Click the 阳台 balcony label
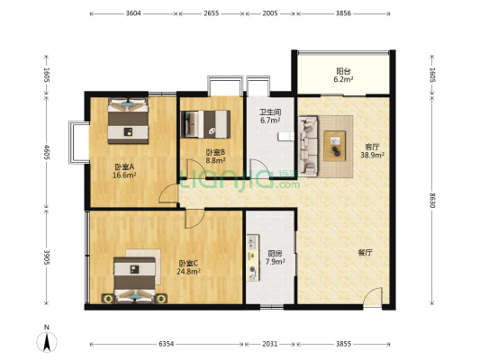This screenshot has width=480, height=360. pos(343,71)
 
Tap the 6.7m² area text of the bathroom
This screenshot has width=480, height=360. pos(270,121)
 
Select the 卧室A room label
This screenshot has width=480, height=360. pos(124,167)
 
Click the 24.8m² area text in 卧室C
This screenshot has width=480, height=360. pos(188,271)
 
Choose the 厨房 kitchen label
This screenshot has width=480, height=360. pos(275,254)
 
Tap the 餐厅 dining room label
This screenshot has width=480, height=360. pos(366,253)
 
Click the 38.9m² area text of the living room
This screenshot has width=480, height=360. pos(372,155)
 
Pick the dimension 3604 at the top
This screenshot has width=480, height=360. pos(133,13)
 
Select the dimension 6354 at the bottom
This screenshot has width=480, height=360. pos(167,344)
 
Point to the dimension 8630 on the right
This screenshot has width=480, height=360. pos(432,201)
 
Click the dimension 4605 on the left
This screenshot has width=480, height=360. pos(46,152)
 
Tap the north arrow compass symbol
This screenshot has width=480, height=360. pos(47,342)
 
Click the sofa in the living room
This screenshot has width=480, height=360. pos(308,146)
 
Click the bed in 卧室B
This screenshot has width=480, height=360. pos(205,124)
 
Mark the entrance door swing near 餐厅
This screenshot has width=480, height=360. pos(373,296)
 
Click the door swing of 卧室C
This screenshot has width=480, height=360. pos(195,219)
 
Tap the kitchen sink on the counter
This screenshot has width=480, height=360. pos(252,241)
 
